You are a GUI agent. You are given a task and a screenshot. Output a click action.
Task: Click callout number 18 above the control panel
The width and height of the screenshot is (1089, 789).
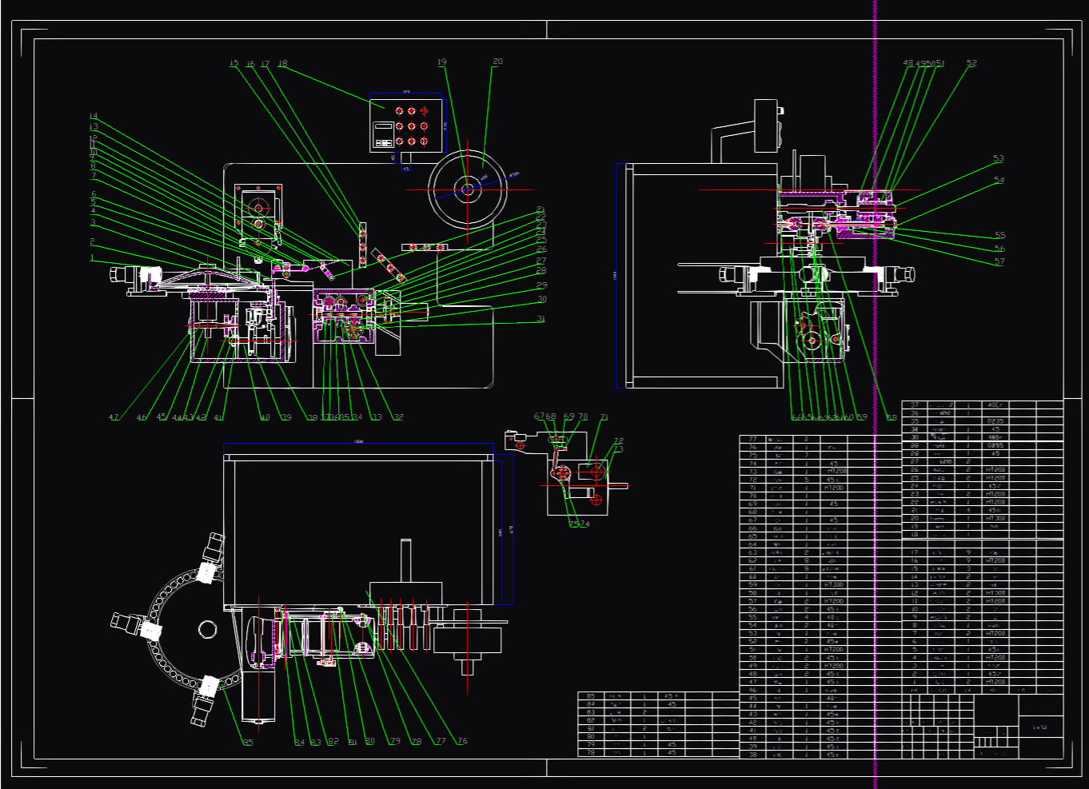(x=282, y=64)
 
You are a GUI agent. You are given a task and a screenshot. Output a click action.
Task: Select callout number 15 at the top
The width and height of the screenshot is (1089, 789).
(x=234, y=64)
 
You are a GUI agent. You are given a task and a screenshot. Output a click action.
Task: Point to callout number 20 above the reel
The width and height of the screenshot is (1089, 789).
(x=497, y=62)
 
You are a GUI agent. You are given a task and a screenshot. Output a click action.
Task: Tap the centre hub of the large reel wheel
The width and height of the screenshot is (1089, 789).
(x=467, y=189)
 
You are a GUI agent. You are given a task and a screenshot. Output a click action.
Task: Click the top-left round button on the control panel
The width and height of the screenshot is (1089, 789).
(x=399, y=111)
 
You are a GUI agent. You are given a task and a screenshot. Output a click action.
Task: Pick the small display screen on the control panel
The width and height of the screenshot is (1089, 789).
(x=384, y=126)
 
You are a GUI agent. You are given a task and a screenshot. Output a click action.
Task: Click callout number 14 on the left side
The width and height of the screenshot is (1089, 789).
(x=94, y=117)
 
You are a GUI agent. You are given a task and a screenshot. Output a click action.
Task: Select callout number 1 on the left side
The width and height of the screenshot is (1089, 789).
(x=92, y=258)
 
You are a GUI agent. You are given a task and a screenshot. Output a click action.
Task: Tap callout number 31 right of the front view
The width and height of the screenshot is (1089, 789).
(x=541, y=319)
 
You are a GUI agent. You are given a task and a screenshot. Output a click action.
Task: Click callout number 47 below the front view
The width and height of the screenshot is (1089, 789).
(x=114, y=417)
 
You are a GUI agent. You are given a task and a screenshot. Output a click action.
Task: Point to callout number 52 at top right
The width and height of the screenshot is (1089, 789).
(x=971, y=63)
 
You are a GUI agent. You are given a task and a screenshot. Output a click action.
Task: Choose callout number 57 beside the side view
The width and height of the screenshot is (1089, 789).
(x=999, y=261)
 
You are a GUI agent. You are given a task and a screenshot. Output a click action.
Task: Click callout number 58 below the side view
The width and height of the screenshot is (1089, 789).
(x=892, y=417)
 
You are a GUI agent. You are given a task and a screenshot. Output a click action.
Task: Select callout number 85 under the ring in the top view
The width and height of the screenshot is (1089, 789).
(x=248, y=743)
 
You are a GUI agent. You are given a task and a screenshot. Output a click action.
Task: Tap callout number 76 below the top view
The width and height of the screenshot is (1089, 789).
(x=462, y=741)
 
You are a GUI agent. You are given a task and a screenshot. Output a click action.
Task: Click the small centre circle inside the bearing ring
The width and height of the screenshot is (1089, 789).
(x=207, y=628)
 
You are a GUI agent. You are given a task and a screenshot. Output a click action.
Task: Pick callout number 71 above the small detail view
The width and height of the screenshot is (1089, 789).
(x=604, y=417)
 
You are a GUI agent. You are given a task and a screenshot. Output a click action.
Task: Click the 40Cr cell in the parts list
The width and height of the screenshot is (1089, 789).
(x=995, y=405)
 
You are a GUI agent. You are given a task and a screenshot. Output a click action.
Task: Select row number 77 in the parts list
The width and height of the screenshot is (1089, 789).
(x=752, y=439)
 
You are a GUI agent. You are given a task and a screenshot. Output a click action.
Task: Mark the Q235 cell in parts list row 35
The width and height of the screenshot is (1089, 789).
(x=995, y=421)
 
